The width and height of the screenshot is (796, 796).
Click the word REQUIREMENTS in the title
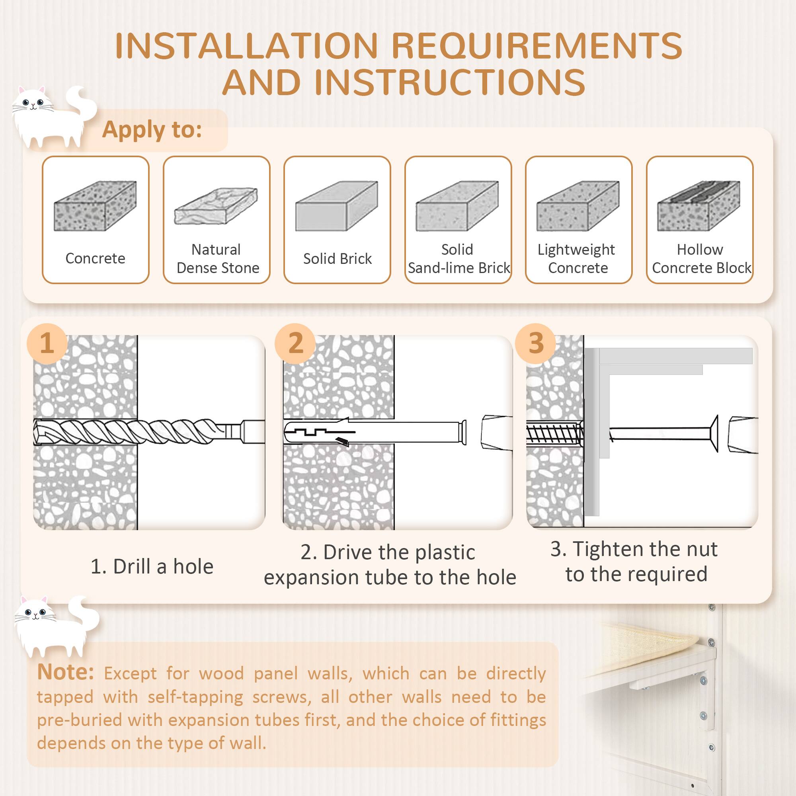pos(537,46)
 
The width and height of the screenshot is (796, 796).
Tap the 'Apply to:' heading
pos(152,129)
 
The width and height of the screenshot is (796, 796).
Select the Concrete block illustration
pos(95,206)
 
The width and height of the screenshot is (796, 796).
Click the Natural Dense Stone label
pos(217,259)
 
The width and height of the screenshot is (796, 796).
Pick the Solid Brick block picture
pos(337,206)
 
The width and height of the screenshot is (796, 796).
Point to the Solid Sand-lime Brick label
pos(458,259)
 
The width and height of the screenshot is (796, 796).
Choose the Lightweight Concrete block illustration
pos(578,206)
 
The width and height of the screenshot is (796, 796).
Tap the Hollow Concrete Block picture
pos(699,206)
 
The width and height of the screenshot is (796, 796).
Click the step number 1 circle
pos(47,343)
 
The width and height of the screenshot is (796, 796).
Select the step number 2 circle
pos(295,343)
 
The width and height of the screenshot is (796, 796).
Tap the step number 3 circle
pos(535,343)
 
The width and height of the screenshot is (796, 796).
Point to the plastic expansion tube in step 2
pos(371,432)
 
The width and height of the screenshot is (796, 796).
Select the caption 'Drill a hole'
pos(152,566)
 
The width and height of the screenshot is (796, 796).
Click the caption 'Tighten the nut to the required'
pos(635,561)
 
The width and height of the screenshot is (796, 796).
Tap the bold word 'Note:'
pos(66,672)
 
